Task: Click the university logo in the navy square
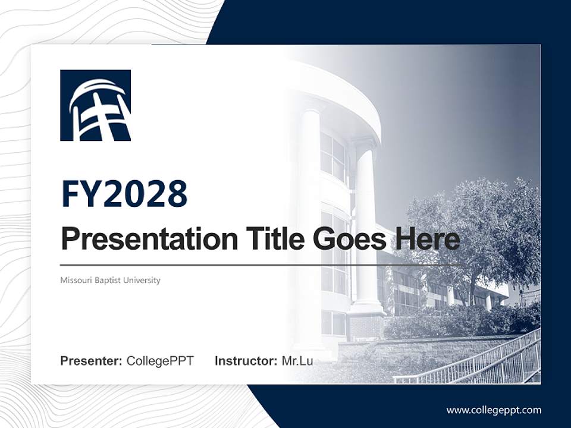[x=95, y=105]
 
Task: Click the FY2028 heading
[x=124, y=194]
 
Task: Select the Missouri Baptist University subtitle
[x=110, y=280]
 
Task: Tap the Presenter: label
[x=92, y=361]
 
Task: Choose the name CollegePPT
[x=160, y=361]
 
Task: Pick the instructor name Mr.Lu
[x=297, y=361]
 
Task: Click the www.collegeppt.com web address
[x=494, y=410]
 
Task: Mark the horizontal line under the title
[x=262, y=265]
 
